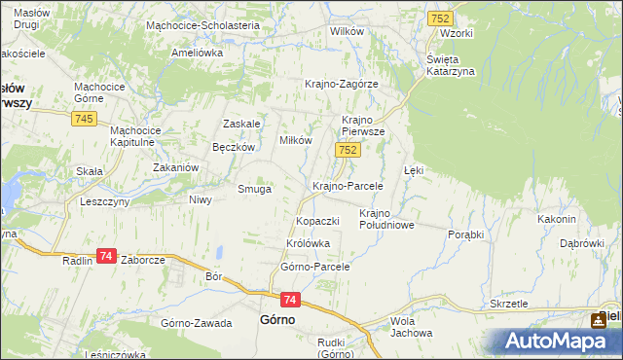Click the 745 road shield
[x=84, y=119]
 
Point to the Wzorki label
[x=456, y=33]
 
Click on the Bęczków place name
[x=234, y=147]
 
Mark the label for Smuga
[x=255, y=189]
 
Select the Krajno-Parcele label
[x=347, y=185]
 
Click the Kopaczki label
[x=317, y=221]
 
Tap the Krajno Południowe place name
[x=387, y=219]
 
